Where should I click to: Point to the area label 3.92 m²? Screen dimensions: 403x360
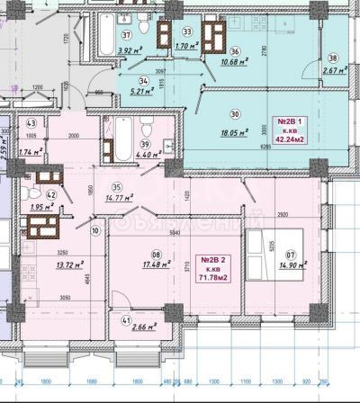tap(131, 50)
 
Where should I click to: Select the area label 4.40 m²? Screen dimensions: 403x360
tap(147, 153)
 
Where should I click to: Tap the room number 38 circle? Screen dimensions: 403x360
tap(334, 58)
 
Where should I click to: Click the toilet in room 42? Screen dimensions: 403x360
tap(33, 192)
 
